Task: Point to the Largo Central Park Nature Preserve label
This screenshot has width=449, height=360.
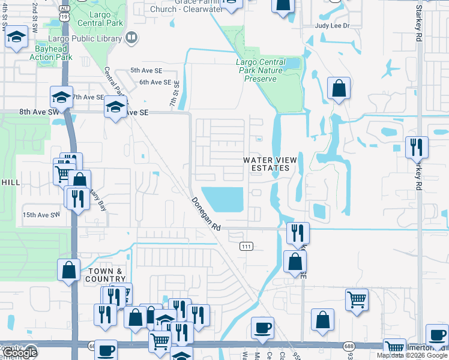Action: (x=261, y=70)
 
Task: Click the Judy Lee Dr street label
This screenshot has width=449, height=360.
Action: (x=332, y=26)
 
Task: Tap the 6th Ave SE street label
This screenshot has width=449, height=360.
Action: (x=155, y=82)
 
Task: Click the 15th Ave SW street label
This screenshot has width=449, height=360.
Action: (x=41, y=215)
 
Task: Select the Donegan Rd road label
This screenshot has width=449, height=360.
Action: (x=207, y=215)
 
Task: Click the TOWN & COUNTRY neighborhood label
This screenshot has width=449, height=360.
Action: (x=106, y=275)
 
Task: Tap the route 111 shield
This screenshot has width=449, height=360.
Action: (x=246, y=247)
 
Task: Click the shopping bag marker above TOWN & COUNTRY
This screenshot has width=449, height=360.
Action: (x=69, y=269)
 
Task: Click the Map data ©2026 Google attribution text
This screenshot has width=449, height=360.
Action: (x=412, y=355)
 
